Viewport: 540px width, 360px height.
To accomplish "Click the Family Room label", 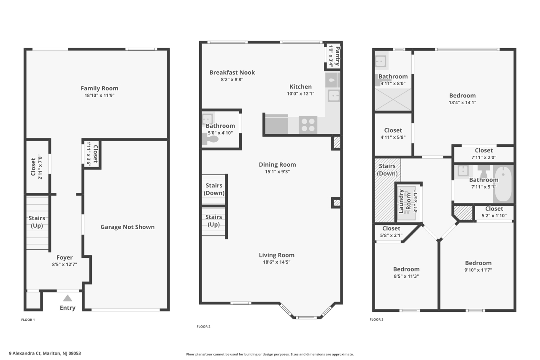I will coord(100,89).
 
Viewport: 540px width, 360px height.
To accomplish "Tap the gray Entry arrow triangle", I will coord(67,298).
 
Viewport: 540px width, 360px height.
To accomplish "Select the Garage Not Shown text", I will coord(127,227).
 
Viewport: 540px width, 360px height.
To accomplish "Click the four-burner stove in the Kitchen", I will coord(308,125).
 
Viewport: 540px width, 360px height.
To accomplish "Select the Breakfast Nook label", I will coord(232,73).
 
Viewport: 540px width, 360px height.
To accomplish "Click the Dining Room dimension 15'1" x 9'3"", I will coord(277,171).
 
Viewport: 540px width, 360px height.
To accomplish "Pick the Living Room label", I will coord(277,255).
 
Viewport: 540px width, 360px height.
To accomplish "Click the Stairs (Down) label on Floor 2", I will coord(214,189).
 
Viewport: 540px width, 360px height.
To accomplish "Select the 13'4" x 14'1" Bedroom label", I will coord(462,96).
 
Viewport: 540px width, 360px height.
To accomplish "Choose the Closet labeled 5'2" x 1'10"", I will coord(494,209).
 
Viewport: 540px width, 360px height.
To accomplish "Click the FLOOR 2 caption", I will coord(203,327).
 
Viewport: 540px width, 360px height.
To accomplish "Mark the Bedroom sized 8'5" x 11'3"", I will coord(406,269).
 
